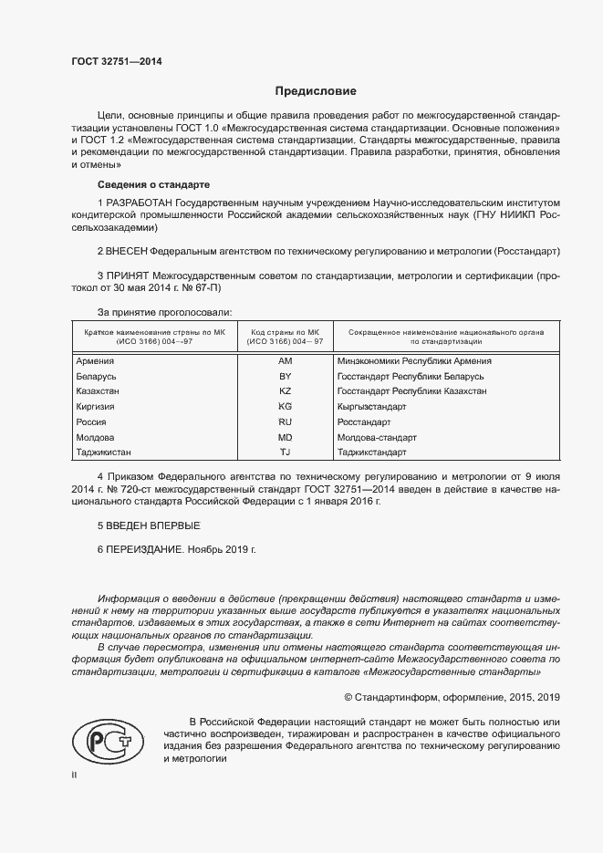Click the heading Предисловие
click(x=317, y=91)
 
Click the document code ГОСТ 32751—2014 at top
click(x=116, y=62)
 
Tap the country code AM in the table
click(x=285, y=361)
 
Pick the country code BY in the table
click(x=285, y=376)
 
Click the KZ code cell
click(x=285, y=391)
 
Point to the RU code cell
click(x=285, y=422)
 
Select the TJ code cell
click(x=285, y=453)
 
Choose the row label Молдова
click(x=95, y=438)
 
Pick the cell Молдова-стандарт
click(x=377, y=438)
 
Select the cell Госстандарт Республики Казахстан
click(x=411, y=391)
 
